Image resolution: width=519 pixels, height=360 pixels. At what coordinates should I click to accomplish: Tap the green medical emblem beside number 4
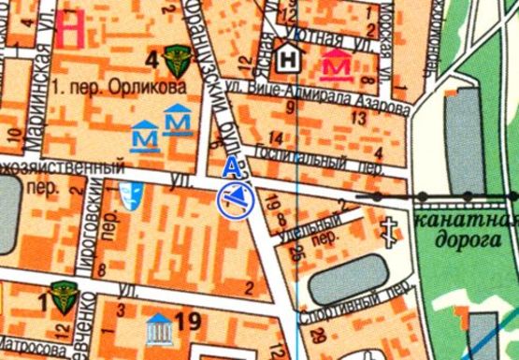[x=175, y=62]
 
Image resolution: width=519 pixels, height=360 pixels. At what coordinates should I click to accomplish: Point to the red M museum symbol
[x=337, y=65]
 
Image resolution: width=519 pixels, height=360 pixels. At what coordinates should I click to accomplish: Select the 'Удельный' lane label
[x=310, y=228]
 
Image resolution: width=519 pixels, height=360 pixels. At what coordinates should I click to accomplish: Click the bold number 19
[x=188, y=324]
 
